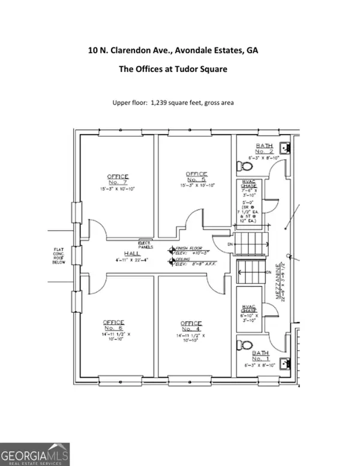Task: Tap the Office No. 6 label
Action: pos(113,325)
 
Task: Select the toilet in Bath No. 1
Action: pos(244,345)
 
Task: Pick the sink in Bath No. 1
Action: pos(286,363)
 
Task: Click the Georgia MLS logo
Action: pos(35,454)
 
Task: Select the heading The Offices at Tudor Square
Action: pos(173,69)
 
